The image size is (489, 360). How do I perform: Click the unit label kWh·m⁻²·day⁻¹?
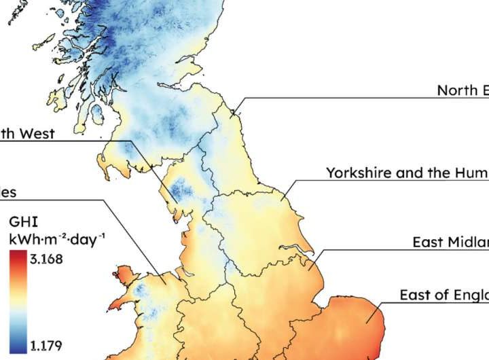[x=57, y=238]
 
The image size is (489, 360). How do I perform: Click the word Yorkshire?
[x=358, y=173]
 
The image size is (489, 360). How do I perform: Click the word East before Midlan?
[x=428, y=242]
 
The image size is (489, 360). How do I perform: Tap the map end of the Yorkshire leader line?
[x=280, y=200]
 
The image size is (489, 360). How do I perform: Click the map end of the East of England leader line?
[x=367, y=324]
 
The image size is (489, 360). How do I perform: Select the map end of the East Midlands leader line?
[x=309, y=270]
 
